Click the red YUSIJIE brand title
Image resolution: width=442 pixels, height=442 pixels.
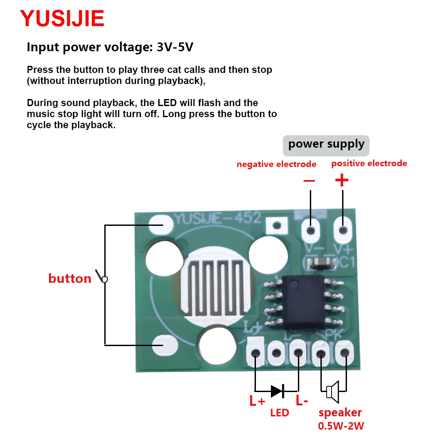click(x=62, y=19)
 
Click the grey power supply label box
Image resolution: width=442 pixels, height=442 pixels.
click(x=326, y=145)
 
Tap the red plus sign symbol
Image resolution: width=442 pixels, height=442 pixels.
click(x=342, y=180)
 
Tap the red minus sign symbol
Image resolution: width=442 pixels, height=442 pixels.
click(x=309, y=180)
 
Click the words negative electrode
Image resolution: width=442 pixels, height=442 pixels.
click(x=276, y=164)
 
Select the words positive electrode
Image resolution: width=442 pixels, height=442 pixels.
click(x=369, y=164)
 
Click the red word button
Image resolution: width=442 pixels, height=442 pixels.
click(x=69, y=278)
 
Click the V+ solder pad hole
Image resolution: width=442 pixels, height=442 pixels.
click(x=343, y=230)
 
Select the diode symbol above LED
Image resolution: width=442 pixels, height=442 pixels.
click(x=277, y=390)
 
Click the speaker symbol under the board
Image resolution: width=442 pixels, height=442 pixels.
click(x=332, y=391)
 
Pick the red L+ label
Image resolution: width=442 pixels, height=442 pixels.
click(x=257, y=401)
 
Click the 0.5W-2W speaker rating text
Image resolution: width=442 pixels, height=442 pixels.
click(x=341, y=427)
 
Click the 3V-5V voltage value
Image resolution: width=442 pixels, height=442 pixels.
click(x=175, y=47)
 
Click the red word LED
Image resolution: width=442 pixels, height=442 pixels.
click(x=279, y=413)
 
